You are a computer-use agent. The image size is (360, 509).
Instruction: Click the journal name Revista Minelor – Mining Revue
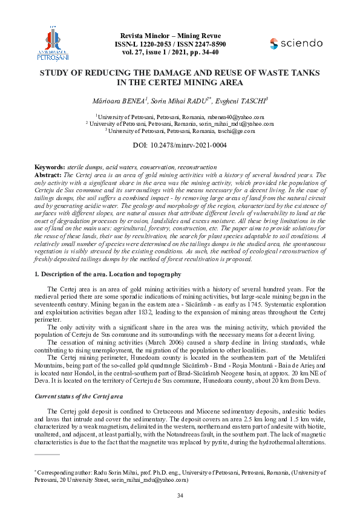click(171, 36)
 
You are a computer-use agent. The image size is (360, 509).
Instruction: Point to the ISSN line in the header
click(171, 44)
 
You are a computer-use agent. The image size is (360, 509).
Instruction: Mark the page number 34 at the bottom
click(180, 496)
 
